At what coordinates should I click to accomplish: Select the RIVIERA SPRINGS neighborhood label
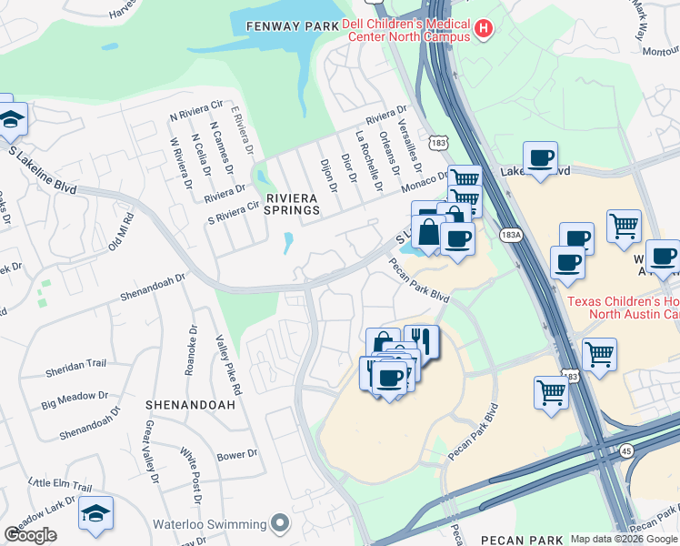293,203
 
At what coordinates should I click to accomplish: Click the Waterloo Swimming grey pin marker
280,523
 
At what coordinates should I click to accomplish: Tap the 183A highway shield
511,235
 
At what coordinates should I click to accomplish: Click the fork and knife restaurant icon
420,341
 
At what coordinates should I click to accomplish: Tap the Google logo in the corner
30,535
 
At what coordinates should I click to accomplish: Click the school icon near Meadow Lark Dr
95,513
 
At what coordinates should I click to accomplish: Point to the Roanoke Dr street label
193,350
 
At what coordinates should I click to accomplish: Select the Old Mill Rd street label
119,232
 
